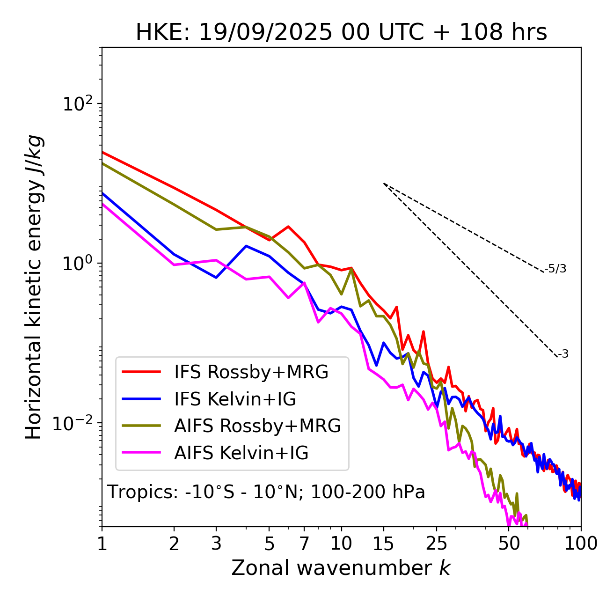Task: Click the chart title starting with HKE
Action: [341, 33]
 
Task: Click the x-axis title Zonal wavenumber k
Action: [341, 568]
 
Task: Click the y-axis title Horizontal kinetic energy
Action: [34, 287]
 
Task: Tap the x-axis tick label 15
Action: [384, 543]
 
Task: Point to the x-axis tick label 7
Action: [304, 543]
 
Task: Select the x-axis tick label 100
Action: [581, 543]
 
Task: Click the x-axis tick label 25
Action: [437, 543]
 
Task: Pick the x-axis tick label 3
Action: [216, 543]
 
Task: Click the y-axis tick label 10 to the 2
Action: [79, 103]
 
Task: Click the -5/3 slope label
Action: [555, 269]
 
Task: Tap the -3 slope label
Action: [563, 354]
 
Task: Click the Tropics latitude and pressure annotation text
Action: [266, 492]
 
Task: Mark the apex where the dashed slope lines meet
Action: [384, 184]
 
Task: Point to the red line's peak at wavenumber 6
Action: [288, 227]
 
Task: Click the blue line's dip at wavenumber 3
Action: [216, 278]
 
